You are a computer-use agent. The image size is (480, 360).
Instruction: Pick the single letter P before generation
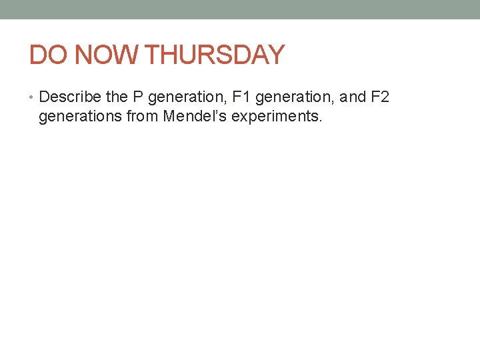point(138,97)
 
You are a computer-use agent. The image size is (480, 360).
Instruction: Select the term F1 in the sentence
point(239,97)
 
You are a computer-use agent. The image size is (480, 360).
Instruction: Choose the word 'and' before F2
point(353,97)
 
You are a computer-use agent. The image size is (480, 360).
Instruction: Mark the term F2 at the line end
point(380,97)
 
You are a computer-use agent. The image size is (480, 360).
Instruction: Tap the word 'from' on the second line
point(139,117)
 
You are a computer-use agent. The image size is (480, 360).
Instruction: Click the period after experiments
point(321,122)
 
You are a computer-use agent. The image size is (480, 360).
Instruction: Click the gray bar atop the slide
point(240,9)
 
